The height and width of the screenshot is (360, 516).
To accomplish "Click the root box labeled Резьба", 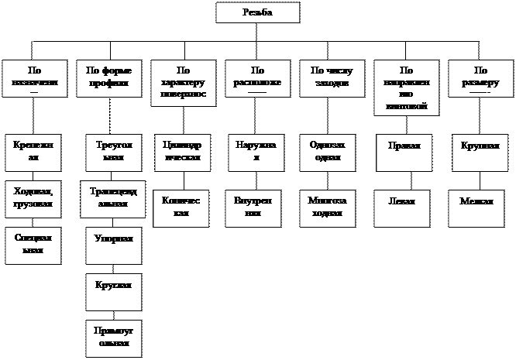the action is coord(257,13).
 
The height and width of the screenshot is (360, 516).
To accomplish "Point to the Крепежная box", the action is coord(33,151).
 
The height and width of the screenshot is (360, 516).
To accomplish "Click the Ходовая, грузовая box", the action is coord(33,198).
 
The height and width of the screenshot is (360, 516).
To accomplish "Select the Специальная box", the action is coord(33,245).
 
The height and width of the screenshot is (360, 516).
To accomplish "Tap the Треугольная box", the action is coord(109,151).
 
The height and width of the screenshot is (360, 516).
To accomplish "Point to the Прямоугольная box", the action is coord(109,337).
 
